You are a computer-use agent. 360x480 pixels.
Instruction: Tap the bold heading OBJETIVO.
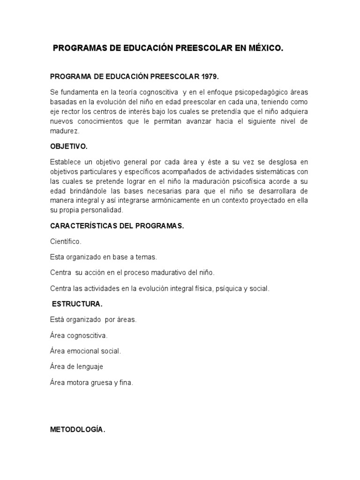click(x=69, y=146)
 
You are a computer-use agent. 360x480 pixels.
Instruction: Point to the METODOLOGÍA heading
click(x=78, y=428)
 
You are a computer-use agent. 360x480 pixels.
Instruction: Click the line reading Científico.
click(x=66, y=241)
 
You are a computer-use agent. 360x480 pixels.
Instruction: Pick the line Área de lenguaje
click(x=76, y=367)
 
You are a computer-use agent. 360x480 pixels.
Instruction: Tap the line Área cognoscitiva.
click(x=79, y=336)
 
